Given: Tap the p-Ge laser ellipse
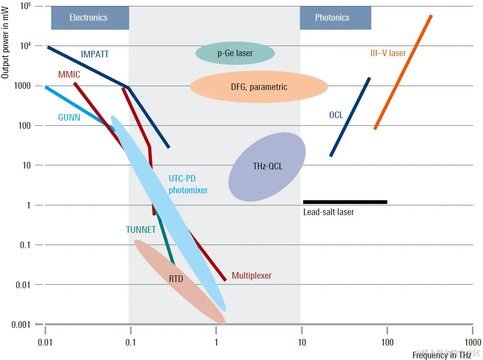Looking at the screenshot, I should [x=235, y=53].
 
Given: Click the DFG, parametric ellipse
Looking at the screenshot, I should [x=259, y=87].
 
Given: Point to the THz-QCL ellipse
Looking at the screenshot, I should [x=267, y=166].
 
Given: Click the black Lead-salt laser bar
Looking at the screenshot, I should [x=345, y=202].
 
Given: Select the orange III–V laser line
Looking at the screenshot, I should [x=403, y=73].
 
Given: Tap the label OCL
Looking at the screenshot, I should [x=336, y=115].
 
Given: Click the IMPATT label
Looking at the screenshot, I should [x=95, y=54].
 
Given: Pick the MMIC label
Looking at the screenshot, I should [x=69, y=75].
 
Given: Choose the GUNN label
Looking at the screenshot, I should [x=69, y=118].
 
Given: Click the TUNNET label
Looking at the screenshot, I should [x=141, y=230].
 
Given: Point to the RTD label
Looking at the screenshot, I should [x=176, y=279].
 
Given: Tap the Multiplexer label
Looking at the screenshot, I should [x=251, y=276].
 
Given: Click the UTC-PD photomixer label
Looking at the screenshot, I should [x=188, y=185].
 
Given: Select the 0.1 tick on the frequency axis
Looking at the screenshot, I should [x=130, y=342].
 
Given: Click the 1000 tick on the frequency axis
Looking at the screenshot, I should [x=473, y=342].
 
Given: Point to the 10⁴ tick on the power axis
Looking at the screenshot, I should [x=26, y=46].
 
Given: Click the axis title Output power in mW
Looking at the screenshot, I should [x=5, y=46].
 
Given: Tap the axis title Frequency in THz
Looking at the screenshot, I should [x=441, y=355].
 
